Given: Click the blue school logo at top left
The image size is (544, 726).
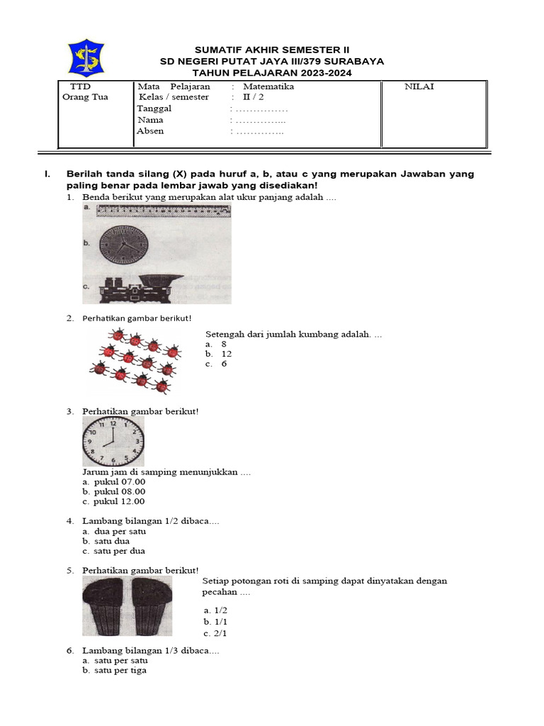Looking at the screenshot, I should pos(86,57).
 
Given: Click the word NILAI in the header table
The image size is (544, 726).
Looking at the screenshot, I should pos(419,86).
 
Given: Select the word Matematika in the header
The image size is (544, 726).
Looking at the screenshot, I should pos(268,86).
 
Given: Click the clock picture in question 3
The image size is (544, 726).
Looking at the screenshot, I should pos(113,441).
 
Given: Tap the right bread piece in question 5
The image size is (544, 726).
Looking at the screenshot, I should pos(150,605).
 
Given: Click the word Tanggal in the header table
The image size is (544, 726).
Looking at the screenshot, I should pos(154,108).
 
